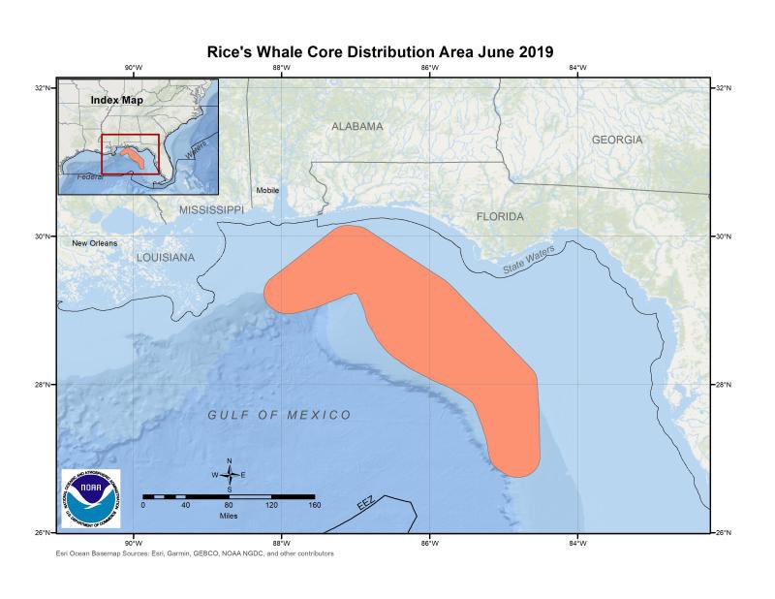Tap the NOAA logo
91,498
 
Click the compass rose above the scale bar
230,474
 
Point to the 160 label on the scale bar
314,505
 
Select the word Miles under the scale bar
228,516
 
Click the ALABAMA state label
356,127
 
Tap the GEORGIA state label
617,140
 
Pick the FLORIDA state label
500,216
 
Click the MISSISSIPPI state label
210,209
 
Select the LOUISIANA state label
166,258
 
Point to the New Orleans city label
95,242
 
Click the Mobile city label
267,190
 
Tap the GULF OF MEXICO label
279,415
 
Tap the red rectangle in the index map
130,154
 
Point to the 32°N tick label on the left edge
44,87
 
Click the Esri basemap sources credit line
196,553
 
